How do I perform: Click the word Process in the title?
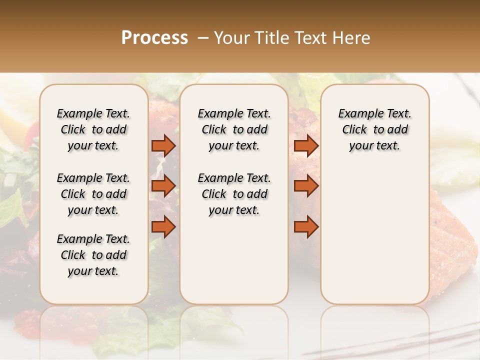point(154,38)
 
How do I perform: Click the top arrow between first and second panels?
point(163,145)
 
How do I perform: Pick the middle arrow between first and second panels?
point(163,186)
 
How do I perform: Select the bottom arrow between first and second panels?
point(163,227)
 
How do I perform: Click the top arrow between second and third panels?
point(306,145)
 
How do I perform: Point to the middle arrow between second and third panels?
point(306,186)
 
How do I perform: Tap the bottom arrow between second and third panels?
point(306,227)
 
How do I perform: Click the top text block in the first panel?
point(93,129)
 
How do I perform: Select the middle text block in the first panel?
point(93,194)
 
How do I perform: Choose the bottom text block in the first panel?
point(93,255)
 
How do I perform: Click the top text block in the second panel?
point(234,129)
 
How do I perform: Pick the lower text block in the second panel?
point(234,194)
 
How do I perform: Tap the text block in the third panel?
point(375,129)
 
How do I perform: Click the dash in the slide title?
point(202,38)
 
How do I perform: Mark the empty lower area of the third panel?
point(375,230)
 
